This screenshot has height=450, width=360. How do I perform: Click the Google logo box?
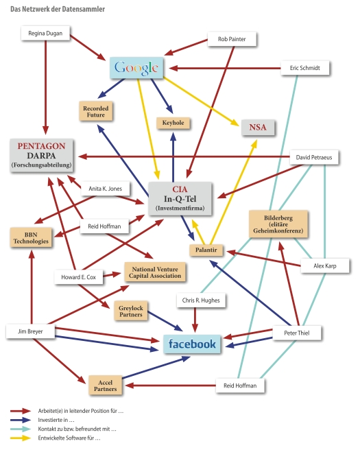[x=136, y=68]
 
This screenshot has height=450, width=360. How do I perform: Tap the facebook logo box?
[x=192, y=344]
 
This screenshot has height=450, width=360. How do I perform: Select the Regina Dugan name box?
[x=45, y=34]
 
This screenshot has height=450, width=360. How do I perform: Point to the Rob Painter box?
[x=232, y=39]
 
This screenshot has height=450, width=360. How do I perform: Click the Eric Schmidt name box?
[x=305, y=68]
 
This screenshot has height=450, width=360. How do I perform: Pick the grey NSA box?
[x=258, y=127]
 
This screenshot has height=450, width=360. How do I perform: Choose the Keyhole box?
[x=173, y=123]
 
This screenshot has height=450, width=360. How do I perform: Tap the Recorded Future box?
[x=96, y=111]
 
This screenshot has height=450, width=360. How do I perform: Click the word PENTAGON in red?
[x=41, y=146]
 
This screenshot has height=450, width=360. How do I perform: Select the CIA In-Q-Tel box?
[x=180, y=199]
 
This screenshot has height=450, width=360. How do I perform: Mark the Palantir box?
[x=206, y=250]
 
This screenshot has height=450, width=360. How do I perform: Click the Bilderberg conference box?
[x=278, y=224]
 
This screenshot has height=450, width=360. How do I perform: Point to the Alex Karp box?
[x=325, y=265]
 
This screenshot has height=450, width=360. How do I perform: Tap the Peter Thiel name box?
[x=297, y=333]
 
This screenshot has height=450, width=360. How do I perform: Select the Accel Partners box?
[x=106, y=386]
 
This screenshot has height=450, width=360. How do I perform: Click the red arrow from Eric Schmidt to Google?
[x=225, y=69]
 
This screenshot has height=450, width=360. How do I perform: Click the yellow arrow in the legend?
[x=21, y=438]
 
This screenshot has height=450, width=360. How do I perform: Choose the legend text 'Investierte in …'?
[x=56, y=420]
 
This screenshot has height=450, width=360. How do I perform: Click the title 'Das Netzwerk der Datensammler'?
[x=58, y=9]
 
